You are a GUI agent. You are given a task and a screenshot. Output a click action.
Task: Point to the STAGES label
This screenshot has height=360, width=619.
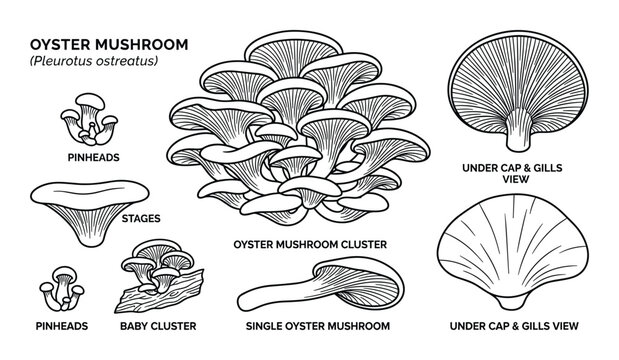pos(141,215)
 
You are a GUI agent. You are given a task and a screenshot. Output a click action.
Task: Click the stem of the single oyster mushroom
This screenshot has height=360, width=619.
pos(270,292)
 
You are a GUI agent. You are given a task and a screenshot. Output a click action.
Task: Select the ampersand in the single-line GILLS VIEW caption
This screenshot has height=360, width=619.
pos(526,326)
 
